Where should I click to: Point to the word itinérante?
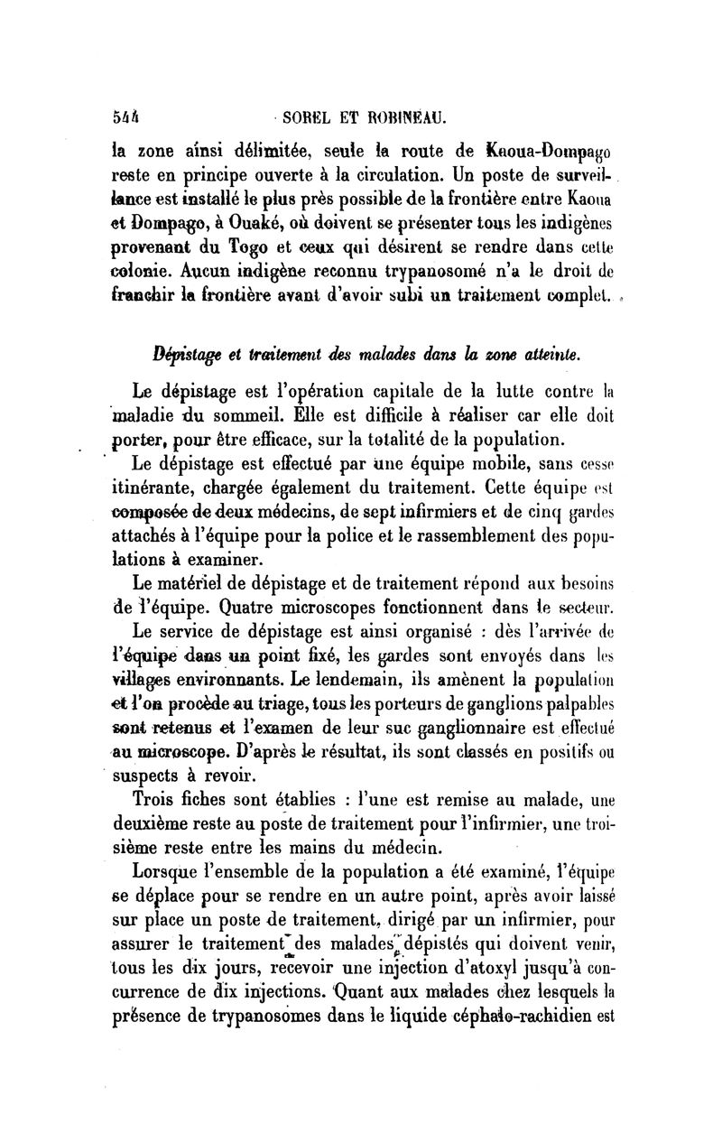(x=175, y=488)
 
